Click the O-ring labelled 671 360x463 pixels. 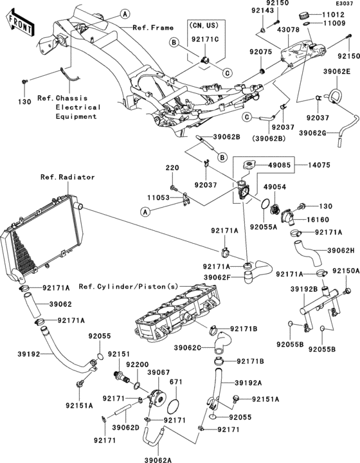click(174, 408)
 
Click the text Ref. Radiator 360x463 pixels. click(67, 177)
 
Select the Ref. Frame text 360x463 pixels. click(153, 28)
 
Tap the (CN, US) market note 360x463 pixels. click(204, 26)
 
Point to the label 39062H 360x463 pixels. click(341, 250)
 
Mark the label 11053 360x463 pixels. click(159, 197)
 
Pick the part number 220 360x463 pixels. click(172, 168)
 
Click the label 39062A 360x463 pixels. click(158, 460)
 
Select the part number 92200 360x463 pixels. click(137, 365)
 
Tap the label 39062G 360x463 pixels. click(312, 133)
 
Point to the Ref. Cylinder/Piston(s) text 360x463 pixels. click(129, 286)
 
